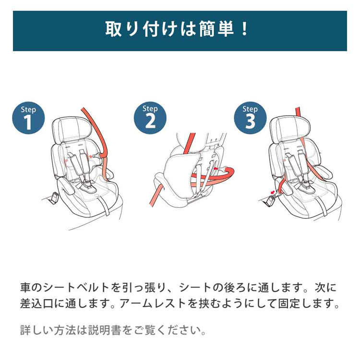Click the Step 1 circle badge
coord(28,118)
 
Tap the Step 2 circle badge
coord(150,118)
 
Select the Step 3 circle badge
coord(250,118)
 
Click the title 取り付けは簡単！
coord(177,29)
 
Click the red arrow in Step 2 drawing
coord(216,169)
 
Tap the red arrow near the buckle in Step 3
coord(273,192)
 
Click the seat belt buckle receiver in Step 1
coord(55,197)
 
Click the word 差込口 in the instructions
coord(37,303)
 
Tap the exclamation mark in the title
coord(245,29)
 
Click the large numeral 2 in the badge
coord(150,121)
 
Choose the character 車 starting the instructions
coord(26,288)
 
